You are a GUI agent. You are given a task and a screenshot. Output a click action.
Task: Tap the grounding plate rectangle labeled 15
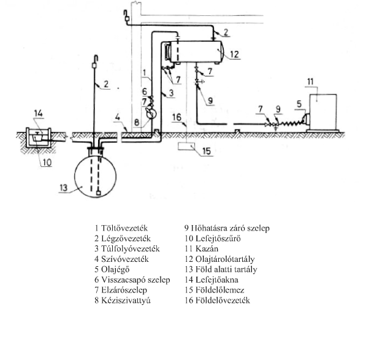[x=186, y=146]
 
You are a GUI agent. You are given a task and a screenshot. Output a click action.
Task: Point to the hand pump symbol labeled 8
[x=151, y=113]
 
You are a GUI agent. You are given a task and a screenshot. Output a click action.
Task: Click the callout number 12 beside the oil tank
[x=234, y=55]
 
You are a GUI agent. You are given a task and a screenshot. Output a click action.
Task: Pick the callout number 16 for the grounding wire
[x=177, y=117]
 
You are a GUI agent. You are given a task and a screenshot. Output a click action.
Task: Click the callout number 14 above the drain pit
[x=39, y=113]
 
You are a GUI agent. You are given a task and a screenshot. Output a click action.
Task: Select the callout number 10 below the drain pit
[x=47, y=163]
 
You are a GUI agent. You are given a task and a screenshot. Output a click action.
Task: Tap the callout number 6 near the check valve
[x=145, y=91]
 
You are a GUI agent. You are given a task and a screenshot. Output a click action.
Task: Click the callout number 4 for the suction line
[x=118, y=117]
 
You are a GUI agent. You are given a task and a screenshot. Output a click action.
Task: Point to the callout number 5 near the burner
[x=299, y=104]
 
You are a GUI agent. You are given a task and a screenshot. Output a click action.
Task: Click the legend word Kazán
[x=207, y=248]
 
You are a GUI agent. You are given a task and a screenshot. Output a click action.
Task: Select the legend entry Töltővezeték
[x=124, y=228]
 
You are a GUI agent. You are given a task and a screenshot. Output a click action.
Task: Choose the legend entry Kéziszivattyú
[x=126, y=301]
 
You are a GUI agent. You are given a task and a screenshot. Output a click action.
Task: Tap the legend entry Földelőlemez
[x=219, y=290]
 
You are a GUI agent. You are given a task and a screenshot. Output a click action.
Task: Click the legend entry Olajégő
[x=115, y=269]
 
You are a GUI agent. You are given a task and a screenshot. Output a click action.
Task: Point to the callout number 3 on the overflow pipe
[x=172, y=93]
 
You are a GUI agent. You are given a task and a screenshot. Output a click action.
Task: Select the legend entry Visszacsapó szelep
[x=135, y=280]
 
